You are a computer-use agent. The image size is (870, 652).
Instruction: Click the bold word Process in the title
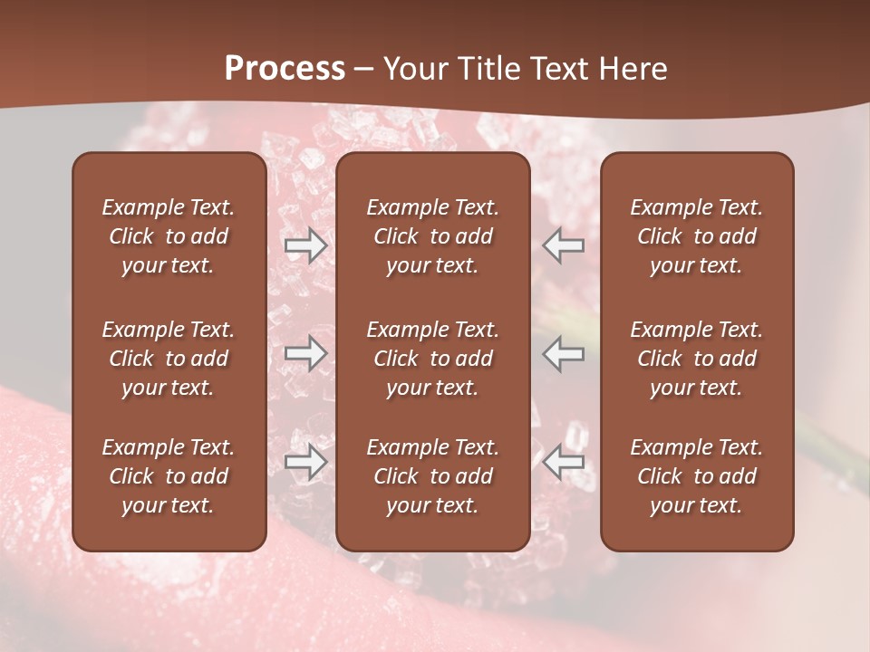point(285,69)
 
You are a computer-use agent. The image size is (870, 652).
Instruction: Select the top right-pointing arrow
point(305,245)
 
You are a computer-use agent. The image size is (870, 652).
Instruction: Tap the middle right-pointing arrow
point(305,353)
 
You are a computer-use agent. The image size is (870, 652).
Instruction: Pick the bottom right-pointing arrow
point(305,462)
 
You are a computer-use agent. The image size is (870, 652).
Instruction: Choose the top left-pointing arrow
point(564,245)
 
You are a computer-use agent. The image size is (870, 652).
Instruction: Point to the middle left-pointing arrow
point(564,353)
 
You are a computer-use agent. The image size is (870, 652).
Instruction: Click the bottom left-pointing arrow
point(564,462)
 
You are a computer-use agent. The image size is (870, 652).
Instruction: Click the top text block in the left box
point(168,236)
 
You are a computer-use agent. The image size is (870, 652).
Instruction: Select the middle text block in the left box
point(168,359)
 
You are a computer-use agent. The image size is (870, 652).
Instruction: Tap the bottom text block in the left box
point(168,476)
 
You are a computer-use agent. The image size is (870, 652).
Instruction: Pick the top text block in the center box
point(432,236)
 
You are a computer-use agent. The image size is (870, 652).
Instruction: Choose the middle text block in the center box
point(432,359)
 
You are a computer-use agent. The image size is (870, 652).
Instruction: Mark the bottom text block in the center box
point(432,476)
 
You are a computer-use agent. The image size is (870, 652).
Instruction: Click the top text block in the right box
point(696,236)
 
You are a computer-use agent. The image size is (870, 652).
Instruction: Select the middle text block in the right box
point(696,359)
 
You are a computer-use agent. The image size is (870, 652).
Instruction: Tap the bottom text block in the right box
point(696,476)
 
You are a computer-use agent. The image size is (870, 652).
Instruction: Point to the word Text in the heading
point(562,69)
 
